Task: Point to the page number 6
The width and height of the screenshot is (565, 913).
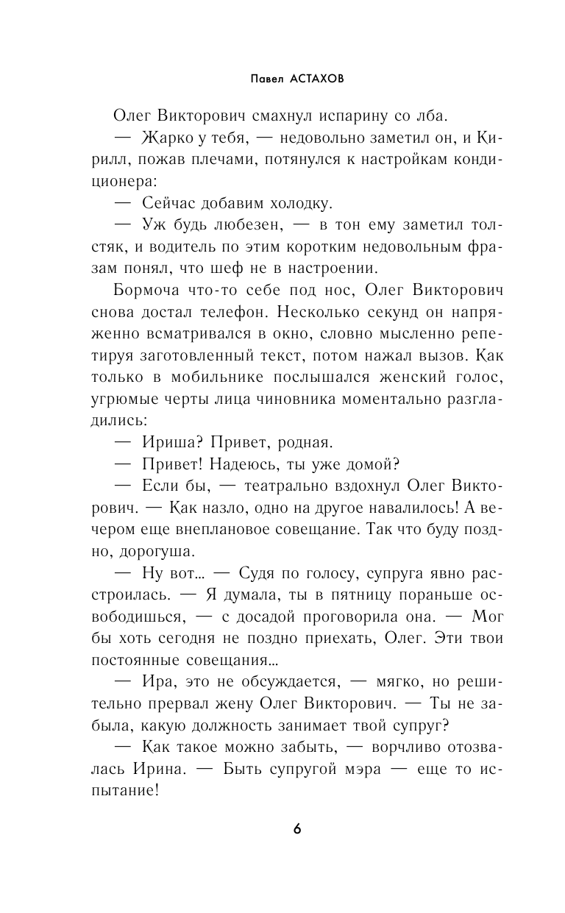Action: pos(296,829)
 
